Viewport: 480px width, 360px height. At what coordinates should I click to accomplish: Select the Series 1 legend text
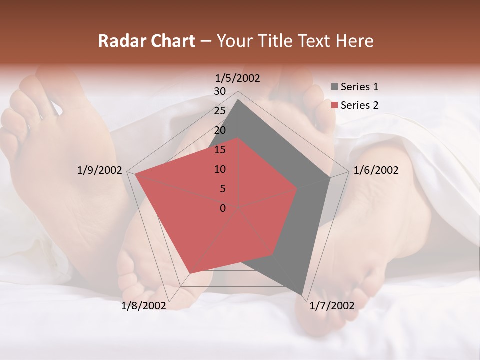pyautogui.click(x=359, y=87)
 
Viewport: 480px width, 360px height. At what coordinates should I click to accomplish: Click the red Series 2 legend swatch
pyautogui.click(x=334, y=105)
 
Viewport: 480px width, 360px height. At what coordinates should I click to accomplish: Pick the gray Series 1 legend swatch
pyautogui.click(x=334, y=87)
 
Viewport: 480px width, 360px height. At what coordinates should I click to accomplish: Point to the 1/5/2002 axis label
pyautogui.click(x=238, y=78)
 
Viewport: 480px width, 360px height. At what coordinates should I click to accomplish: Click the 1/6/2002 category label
pyautogui.click(x=376, y=170)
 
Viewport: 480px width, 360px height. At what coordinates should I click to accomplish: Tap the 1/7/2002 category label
pyautogui.click(x=332, y=306)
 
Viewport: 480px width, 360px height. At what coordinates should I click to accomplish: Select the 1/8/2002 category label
pyautogui.click(x=144, y=306)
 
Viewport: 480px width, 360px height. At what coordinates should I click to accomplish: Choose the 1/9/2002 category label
pyautogui.click(x=100, y=170)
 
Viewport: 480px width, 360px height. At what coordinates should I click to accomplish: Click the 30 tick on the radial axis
pyautogui.click(x=220, y=91)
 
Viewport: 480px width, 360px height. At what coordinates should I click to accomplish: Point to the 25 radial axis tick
pyautogui.click(x=220, y=111)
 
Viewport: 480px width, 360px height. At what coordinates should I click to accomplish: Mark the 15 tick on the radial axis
pyautogui.click(x=220, y=150)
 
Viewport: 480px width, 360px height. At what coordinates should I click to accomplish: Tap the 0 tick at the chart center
pyautogui.click(x=223, y=208)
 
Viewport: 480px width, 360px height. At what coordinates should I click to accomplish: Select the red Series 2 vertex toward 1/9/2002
pyautogui.click(x=135, y=174)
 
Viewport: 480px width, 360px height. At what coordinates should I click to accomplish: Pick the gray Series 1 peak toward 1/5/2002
pyautogui.click(x=238, y=99)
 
